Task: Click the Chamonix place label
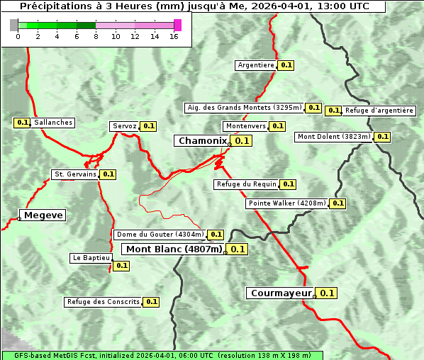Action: [x=202, y=141]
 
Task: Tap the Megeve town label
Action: [x=43, y=215]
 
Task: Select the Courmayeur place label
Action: [x=281, y=293]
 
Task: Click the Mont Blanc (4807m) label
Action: [x=174, y=249]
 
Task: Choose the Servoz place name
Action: [x=124, y=126]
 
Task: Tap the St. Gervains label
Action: [x=75, y=174]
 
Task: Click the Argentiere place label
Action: [x=256, y=65]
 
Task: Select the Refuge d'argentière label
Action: [x=379, y=111]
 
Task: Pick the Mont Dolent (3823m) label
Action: [x=334, y=137]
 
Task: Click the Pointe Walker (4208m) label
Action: [x=287, y=203]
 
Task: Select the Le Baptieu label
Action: [x=90, y=258]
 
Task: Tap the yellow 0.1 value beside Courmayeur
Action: [x=327, y=293]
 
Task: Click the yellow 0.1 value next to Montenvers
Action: [x=278, y=126]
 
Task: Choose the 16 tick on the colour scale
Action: [x=174, y=37]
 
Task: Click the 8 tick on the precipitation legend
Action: [x=96, y=37]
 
